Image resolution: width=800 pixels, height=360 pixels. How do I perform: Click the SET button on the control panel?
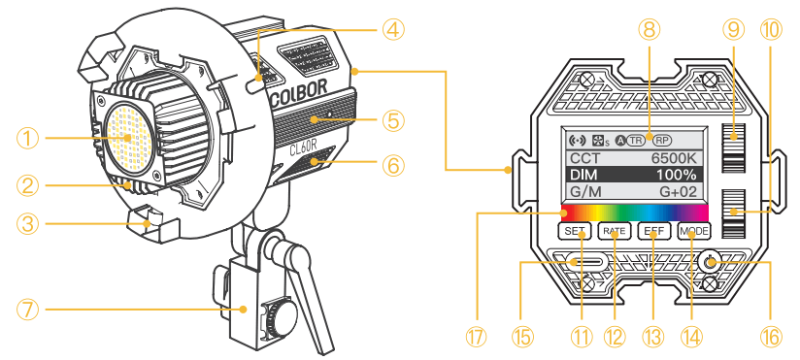click(572, 232)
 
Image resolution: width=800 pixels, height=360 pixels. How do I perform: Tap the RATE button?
click(613, 232)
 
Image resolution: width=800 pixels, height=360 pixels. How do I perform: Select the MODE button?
click(694, 232)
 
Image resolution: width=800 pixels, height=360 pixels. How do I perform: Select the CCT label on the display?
click(585, 157)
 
